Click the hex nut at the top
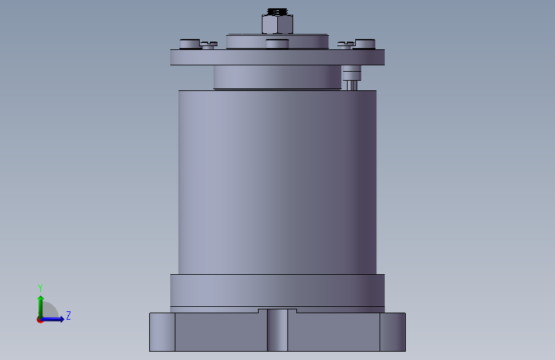[x=278, y=24]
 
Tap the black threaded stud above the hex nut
[x=278, y=12]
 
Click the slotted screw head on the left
[x=209, y=45]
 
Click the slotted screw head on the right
[x=346, y=45]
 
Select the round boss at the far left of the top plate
[x=189, y=44]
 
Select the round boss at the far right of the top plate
[x=365, y=44]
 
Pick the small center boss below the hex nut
[x=278, y=44]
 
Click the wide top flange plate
[x=278, y=57]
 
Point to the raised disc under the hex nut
[x=278, y=42]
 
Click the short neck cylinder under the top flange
[x=278, y=77]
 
